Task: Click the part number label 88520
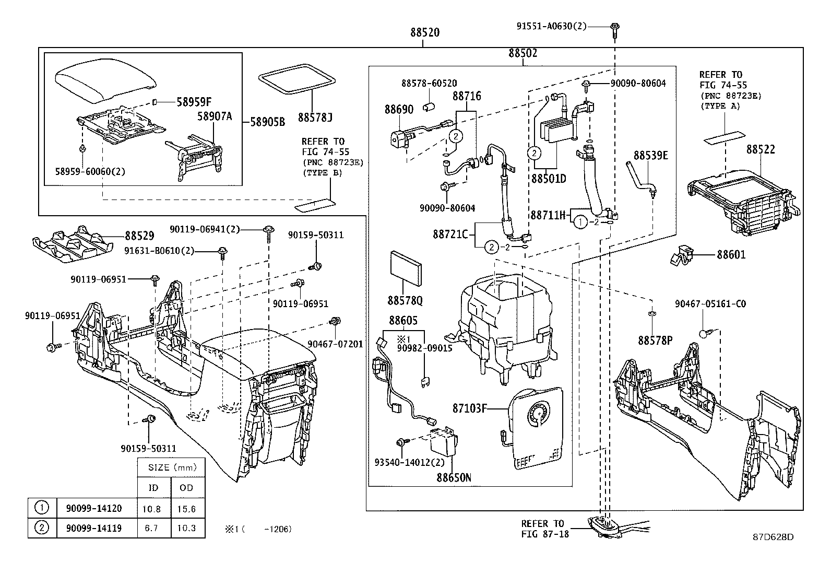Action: tap(424, 32)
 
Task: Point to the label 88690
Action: tap(399, 109)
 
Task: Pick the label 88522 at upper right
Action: tap(760, 149)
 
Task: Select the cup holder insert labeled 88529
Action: tap(73, 243)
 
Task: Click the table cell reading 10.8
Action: tap(151, 509)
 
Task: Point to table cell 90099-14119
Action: tap(93, 528)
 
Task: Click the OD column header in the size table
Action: tap(186, 488)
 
